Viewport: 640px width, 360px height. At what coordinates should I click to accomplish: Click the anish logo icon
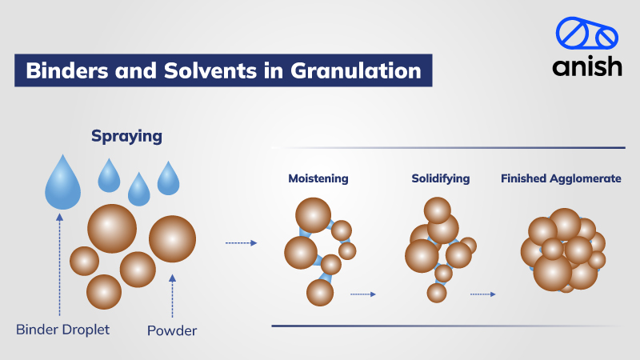(x=587, y=37)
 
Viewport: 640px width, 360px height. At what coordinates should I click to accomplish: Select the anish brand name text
(x=587, y=67)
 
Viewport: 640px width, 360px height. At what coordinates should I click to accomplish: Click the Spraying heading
(x=126, y=137)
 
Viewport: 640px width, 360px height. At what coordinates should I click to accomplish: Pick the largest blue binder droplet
(x=64, y=183)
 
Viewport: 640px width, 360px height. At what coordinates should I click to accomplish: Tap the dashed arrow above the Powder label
(x=173, y=297)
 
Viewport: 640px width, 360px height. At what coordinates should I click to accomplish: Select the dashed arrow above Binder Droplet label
(x=58, y=263)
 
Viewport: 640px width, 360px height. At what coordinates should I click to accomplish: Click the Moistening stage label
(x=318, y=178)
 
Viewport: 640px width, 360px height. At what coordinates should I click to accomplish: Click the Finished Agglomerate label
(x=561, y=178)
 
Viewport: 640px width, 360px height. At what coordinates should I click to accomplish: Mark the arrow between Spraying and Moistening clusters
(x=241, y=242)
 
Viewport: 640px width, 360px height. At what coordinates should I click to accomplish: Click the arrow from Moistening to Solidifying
(x=363, y=294)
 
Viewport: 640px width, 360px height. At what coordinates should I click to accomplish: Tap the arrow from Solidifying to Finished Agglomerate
(x=482, y=294)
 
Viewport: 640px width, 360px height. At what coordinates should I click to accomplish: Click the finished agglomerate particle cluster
(x=562, y=250)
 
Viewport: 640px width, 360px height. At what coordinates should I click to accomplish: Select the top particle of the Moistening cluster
(x=313, y=215)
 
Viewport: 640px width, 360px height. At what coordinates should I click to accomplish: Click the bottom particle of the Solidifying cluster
(x=437, y=293)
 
